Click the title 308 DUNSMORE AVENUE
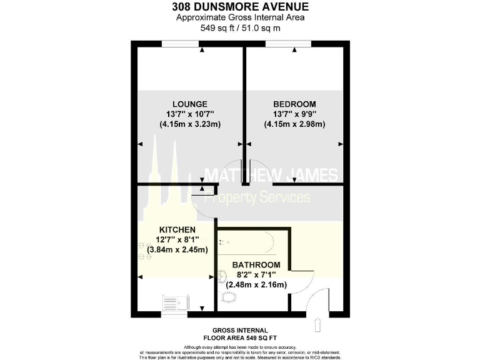point(240,7)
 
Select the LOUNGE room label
point(191,104)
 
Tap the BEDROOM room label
point(294,104)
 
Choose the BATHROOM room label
point(256,265)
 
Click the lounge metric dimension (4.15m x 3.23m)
point(191,124)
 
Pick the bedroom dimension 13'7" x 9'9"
point(294,114)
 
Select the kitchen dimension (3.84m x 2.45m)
point(177,250)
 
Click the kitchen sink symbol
point(174,303)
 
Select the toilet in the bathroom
point(229,296)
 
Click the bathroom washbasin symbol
point(223,275)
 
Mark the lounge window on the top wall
point(181,43)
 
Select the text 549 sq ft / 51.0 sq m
point(240,28)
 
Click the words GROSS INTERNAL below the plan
point(240,330)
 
